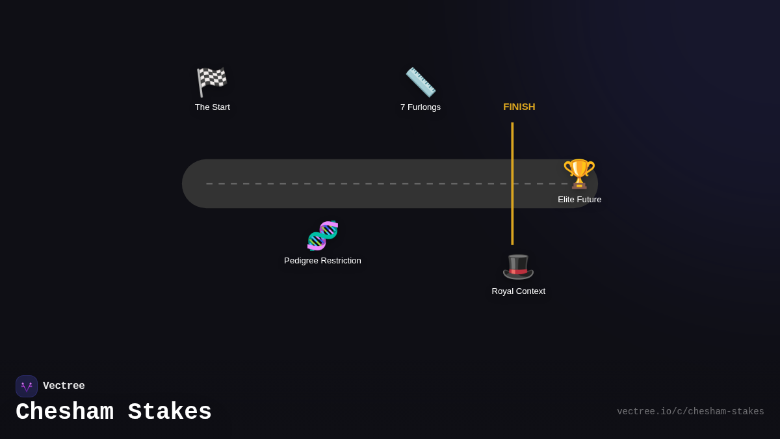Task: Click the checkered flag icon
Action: (212, 82)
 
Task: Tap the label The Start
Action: (213, 107)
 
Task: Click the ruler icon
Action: (421, 82)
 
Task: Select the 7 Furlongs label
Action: (421, 107)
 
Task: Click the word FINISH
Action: (519, 107)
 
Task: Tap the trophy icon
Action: (579, 174)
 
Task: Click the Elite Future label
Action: (580, 200)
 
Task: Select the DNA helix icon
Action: (322, 235)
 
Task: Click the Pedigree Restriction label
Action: (322, 261)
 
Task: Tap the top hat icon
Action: (518, 266)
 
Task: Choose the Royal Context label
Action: (519, 291)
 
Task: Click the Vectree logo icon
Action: (27, 386)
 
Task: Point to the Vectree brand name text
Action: (64, 386)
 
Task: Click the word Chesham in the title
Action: (64, 412)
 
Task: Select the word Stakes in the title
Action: (170, 412)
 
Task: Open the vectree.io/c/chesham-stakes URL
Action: (690, 412)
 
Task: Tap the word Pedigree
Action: (304, 261)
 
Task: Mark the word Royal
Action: (504, 291)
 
